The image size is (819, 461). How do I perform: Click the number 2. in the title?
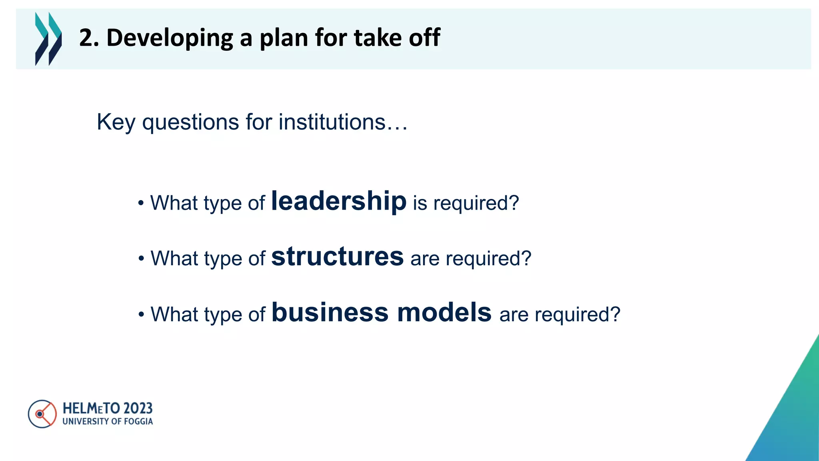pyautogui.click(x=89, y=38)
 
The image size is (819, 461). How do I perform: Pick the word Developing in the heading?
pyautogui.click(x=170, y=38)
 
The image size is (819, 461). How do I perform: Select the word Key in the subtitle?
pyautogui.click(x=116, y=122)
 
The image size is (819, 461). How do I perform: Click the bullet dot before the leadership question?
pyautogui.click(x=140, y=203)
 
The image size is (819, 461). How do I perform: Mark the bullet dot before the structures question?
pyautogui.click(x=141, y=259)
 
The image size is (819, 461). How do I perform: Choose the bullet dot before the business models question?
pyautogui.click(x=141, y=315)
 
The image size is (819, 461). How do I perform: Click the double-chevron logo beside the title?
pyautogui.click(x=48, y=38)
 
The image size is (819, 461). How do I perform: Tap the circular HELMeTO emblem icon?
pyautogui.click(x=42, y=414)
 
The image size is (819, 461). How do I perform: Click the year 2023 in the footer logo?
pyautogui.click(x=138, y=409)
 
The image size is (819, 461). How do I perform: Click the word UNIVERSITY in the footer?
pyautogui.click(x=86, y=421)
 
